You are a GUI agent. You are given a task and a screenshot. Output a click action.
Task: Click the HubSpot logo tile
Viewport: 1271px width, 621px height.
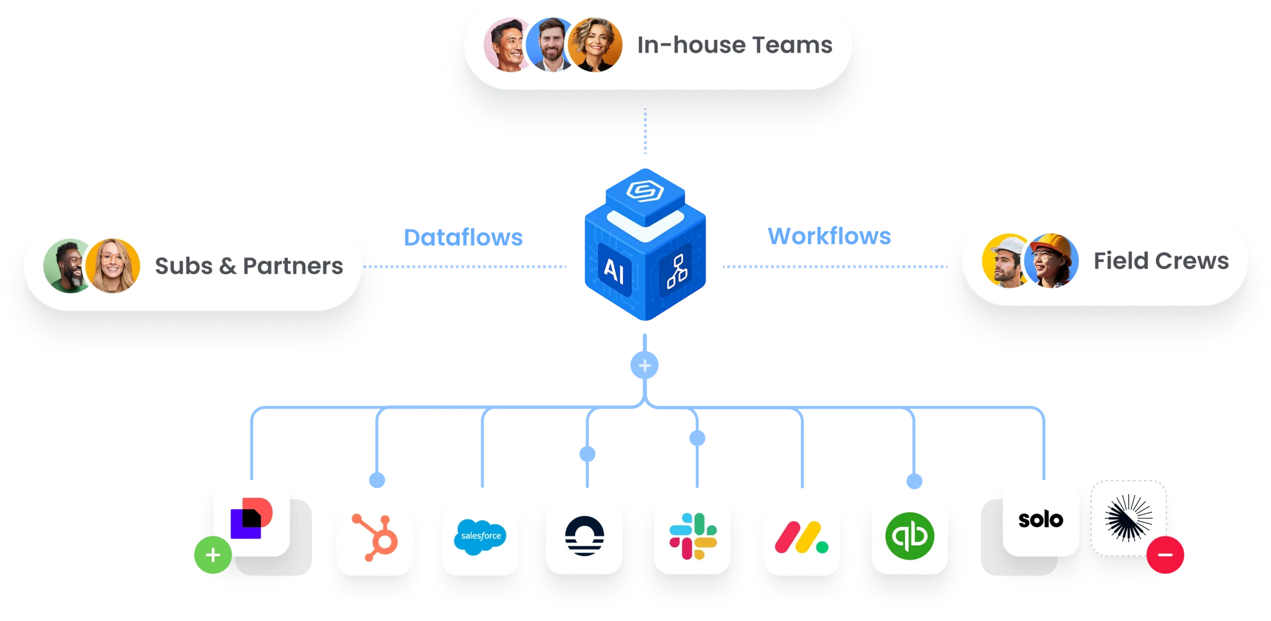point(375,538)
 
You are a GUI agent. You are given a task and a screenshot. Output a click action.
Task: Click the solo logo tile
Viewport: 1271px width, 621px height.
point(1041,519)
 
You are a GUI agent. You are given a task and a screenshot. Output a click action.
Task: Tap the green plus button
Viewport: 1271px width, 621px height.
point(212,555)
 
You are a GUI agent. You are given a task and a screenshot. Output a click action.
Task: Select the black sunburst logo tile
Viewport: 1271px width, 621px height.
point(1128,518)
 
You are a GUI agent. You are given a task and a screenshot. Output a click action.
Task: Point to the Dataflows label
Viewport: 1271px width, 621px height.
point(463,237)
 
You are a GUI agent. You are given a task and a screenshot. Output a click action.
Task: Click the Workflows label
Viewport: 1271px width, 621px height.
point(830,236)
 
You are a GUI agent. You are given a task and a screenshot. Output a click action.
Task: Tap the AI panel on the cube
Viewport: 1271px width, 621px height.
point(614,271)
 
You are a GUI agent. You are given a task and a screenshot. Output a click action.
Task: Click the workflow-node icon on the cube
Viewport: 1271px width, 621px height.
point(677,271)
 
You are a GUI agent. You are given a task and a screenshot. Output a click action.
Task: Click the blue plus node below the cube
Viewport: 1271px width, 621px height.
point(644,366)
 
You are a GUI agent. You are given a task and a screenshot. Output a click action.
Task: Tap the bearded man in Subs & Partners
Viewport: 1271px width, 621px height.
point(69,267)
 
